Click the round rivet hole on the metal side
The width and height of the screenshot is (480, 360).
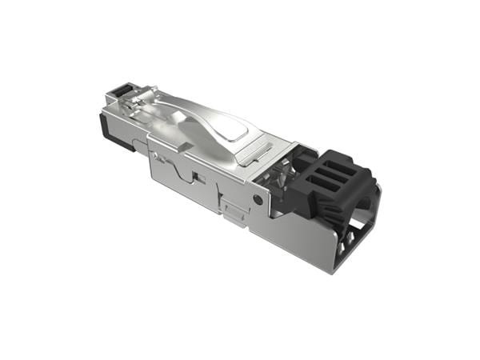point(257,198)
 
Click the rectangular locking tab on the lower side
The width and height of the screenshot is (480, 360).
point(234,210)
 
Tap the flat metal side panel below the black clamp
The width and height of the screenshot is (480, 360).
point(296,236)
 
